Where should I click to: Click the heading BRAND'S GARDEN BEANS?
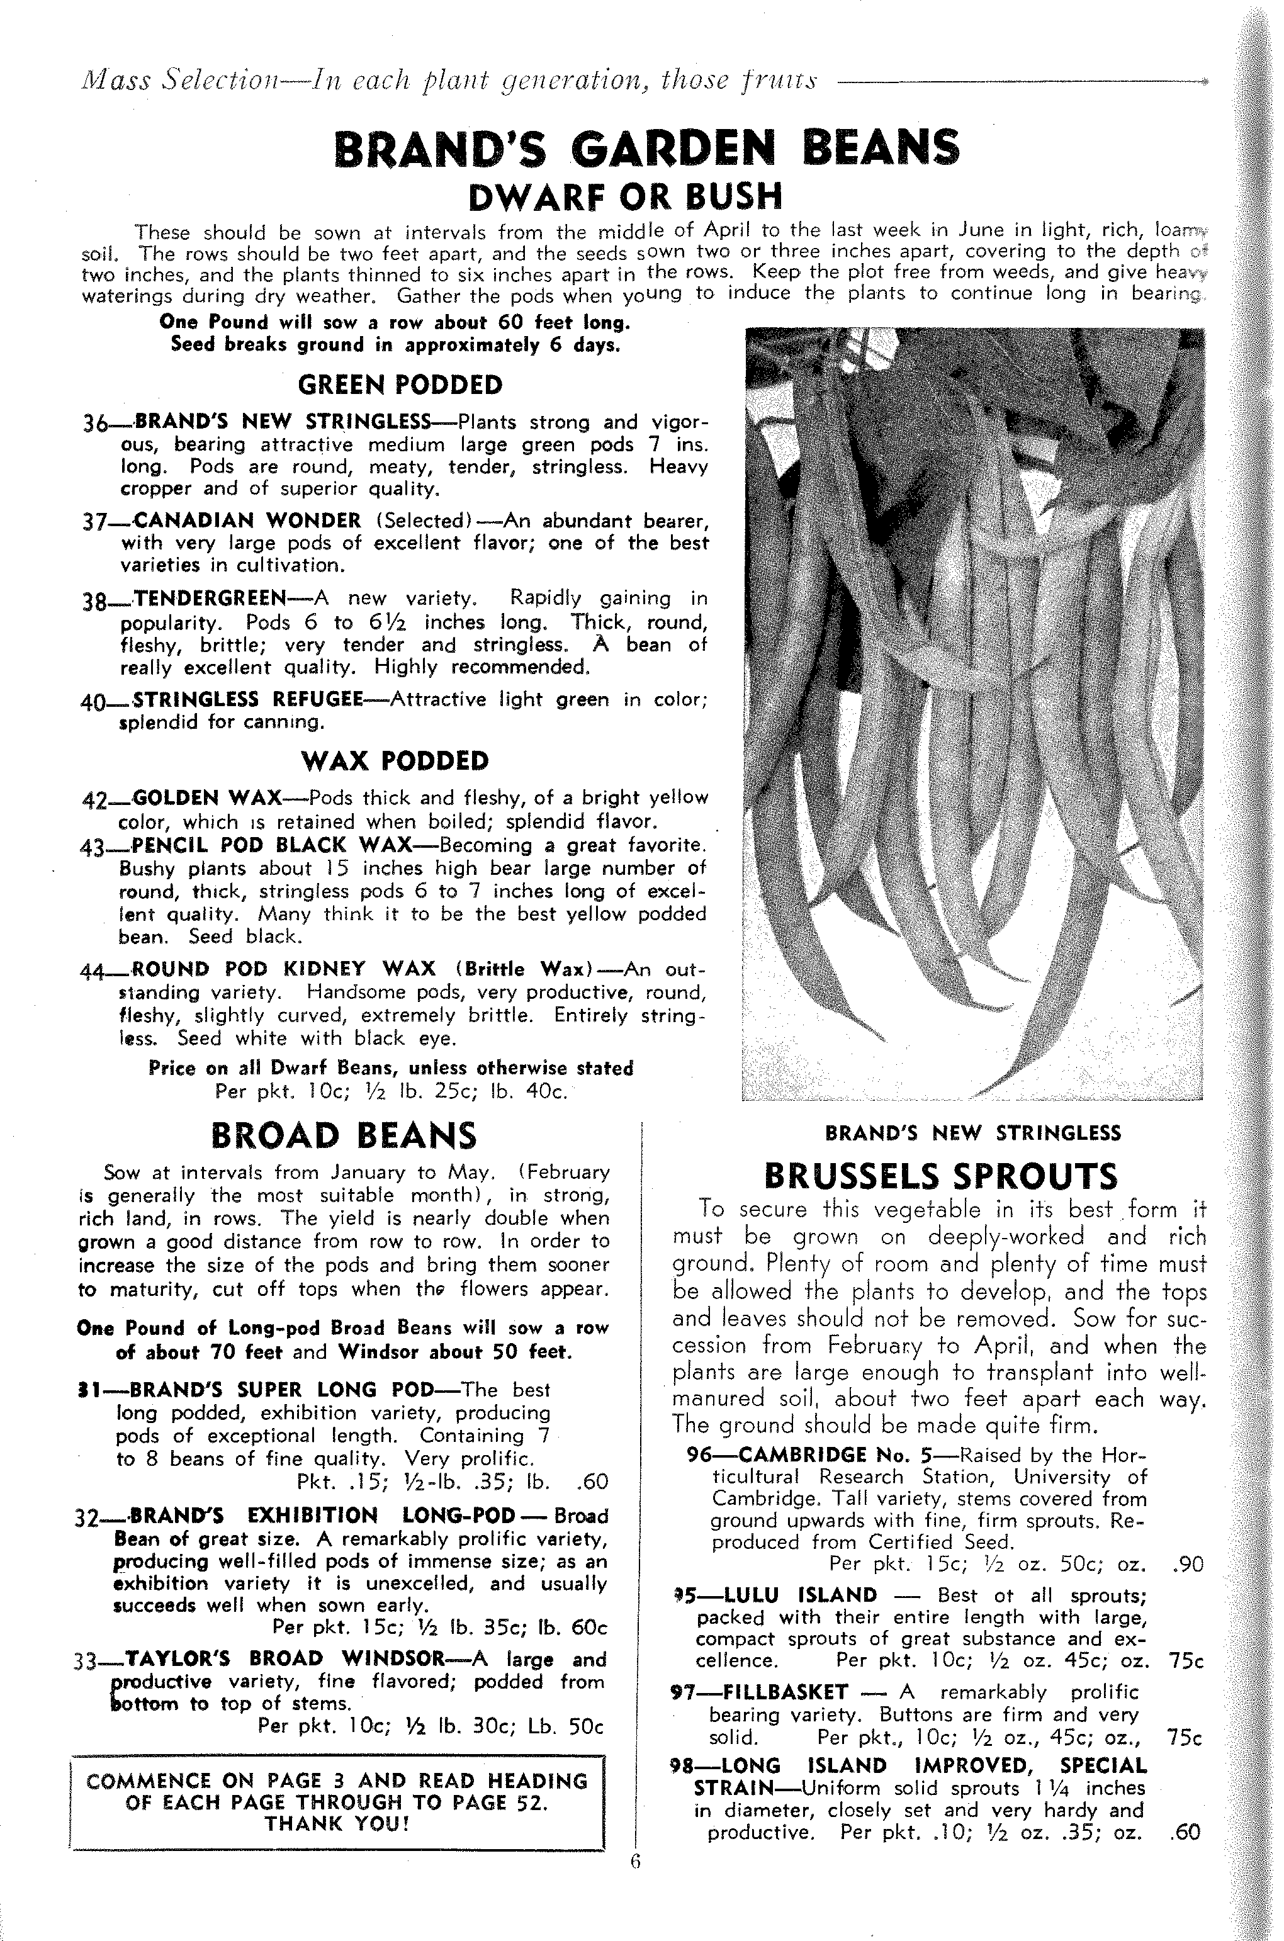point(647,148)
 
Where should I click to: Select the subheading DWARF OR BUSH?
point(625,196)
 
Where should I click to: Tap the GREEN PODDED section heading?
point(400,385)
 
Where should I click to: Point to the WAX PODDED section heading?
point(395,762)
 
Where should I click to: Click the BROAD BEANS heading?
point(344,1136)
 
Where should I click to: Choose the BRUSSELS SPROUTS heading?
point(940,1177)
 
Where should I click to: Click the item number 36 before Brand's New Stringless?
point(96,424)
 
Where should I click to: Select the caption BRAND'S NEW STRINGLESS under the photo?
point(972,1133)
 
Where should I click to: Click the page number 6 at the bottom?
point(636,1862)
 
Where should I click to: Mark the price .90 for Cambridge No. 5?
point(1187,1565)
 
